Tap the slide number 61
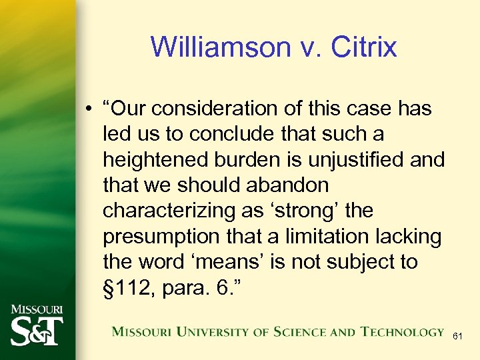[458, 337]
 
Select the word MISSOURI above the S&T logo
[37, 309]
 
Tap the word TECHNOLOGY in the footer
[402, 331]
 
